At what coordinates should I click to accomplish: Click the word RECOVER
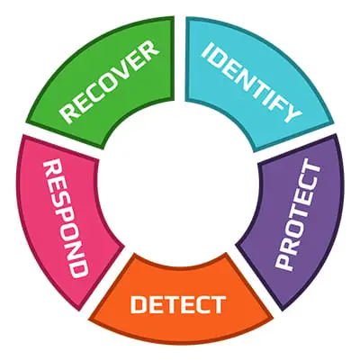tap(109, 82)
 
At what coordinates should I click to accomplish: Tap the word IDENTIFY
tap(251, 82)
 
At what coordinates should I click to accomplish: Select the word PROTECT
tap(298, 215)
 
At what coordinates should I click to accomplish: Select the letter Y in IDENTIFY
tap(291, 113)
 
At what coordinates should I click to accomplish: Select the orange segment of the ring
tap(180, 303)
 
